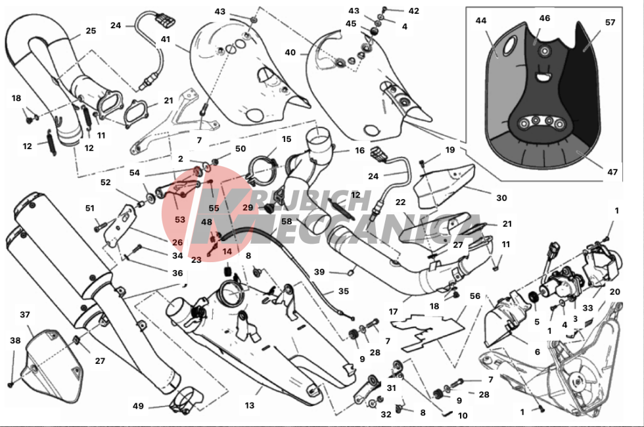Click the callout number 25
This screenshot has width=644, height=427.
coord(91,31)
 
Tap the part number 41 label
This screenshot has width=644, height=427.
coord(165,39)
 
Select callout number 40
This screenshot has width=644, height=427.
coord(290,53)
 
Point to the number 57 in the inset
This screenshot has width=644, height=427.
coord(610,22)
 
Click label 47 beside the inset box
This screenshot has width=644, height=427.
coord(612,172)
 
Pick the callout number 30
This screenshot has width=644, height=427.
coord(501,198)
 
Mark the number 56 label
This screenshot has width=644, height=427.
coord(474,296)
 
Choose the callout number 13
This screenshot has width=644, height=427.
coord(250,406)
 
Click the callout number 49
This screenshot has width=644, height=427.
coord(138,406)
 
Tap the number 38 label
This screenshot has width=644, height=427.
coord(15,340)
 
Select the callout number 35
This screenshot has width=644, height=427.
coord(343,291)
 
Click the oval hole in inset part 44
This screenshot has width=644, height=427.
coord(509,45)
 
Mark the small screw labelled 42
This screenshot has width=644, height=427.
coord(385,9)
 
